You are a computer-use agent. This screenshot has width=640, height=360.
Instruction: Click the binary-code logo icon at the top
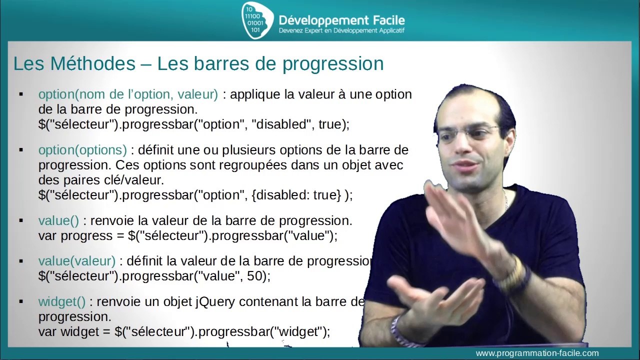pos(256,20)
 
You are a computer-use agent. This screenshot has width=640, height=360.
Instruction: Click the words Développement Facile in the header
pos(341,20)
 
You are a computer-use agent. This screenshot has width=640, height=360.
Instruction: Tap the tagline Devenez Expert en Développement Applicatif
pos(341,31)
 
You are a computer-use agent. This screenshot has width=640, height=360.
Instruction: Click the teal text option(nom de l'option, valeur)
pos(128,94)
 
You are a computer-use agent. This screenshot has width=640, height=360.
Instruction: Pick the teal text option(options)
pos(82,150)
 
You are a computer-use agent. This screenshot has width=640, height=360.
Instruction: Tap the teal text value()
pos(58,220)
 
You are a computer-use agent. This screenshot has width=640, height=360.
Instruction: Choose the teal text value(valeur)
pos(76,261)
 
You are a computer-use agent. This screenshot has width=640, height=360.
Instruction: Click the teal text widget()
pos(62,301)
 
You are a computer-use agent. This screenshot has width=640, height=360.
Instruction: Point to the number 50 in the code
pos(257,276)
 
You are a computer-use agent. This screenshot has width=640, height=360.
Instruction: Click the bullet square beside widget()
pos(21,301)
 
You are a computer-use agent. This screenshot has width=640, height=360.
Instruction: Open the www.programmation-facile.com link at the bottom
pos(537,353)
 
